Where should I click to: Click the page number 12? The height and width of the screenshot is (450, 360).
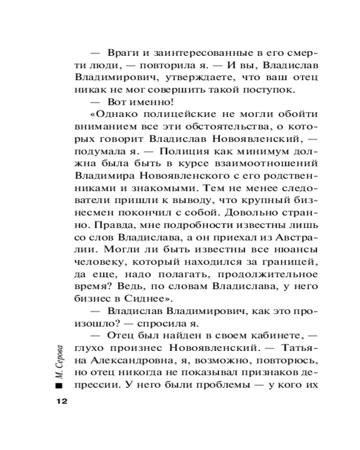pyautogui.click(x=61, y=401)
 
